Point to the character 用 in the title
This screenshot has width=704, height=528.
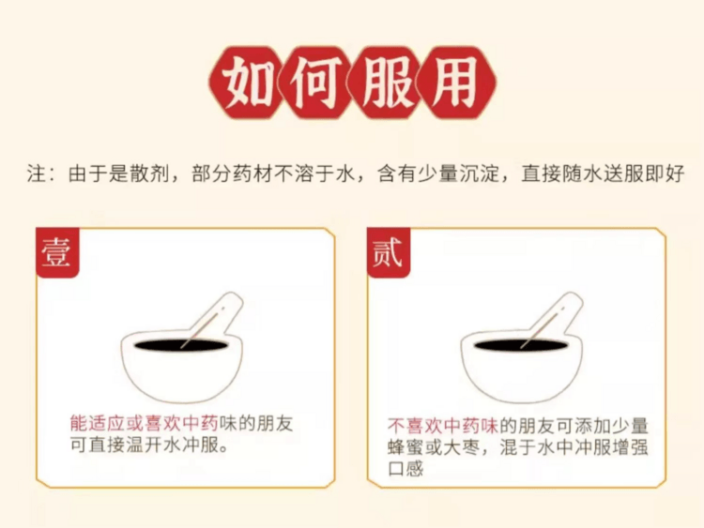pos(460,83)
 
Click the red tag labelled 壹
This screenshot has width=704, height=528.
pos(56,252)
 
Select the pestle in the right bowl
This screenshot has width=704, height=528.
pos(556,314)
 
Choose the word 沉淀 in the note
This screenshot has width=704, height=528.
pos(485,174)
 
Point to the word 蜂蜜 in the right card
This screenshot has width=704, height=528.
pos(409,446)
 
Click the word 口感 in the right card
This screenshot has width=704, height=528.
pos(406,468)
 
